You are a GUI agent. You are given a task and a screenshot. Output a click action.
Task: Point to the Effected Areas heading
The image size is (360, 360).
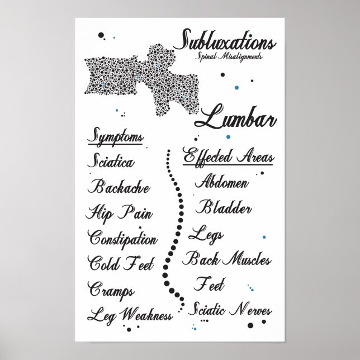pos(228,156)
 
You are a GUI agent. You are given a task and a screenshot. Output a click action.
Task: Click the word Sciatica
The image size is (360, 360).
pos(111,163)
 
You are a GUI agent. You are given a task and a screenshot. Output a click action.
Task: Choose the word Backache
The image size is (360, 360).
pos(119,187)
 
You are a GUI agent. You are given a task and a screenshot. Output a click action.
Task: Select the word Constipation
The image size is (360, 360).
pos(123,239)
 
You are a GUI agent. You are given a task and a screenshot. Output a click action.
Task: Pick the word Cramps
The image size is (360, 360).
pos(111,289)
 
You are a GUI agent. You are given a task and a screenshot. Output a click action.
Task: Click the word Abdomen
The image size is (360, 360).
pos(222,183)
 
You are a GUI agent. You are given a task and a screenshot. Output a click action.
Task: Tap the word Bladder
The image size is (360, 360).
pos(224,208)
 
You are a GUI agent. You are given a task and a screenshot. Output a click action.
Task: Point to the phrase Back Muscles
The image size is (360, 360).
pos(228,259)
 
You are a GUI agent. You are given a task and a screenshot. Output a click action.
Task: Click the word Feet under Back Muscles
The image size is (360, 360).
pos(209,285)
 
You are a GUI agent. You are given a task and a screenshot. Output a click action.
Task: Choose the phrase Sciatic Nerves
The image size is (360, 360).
pos(233,309)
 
